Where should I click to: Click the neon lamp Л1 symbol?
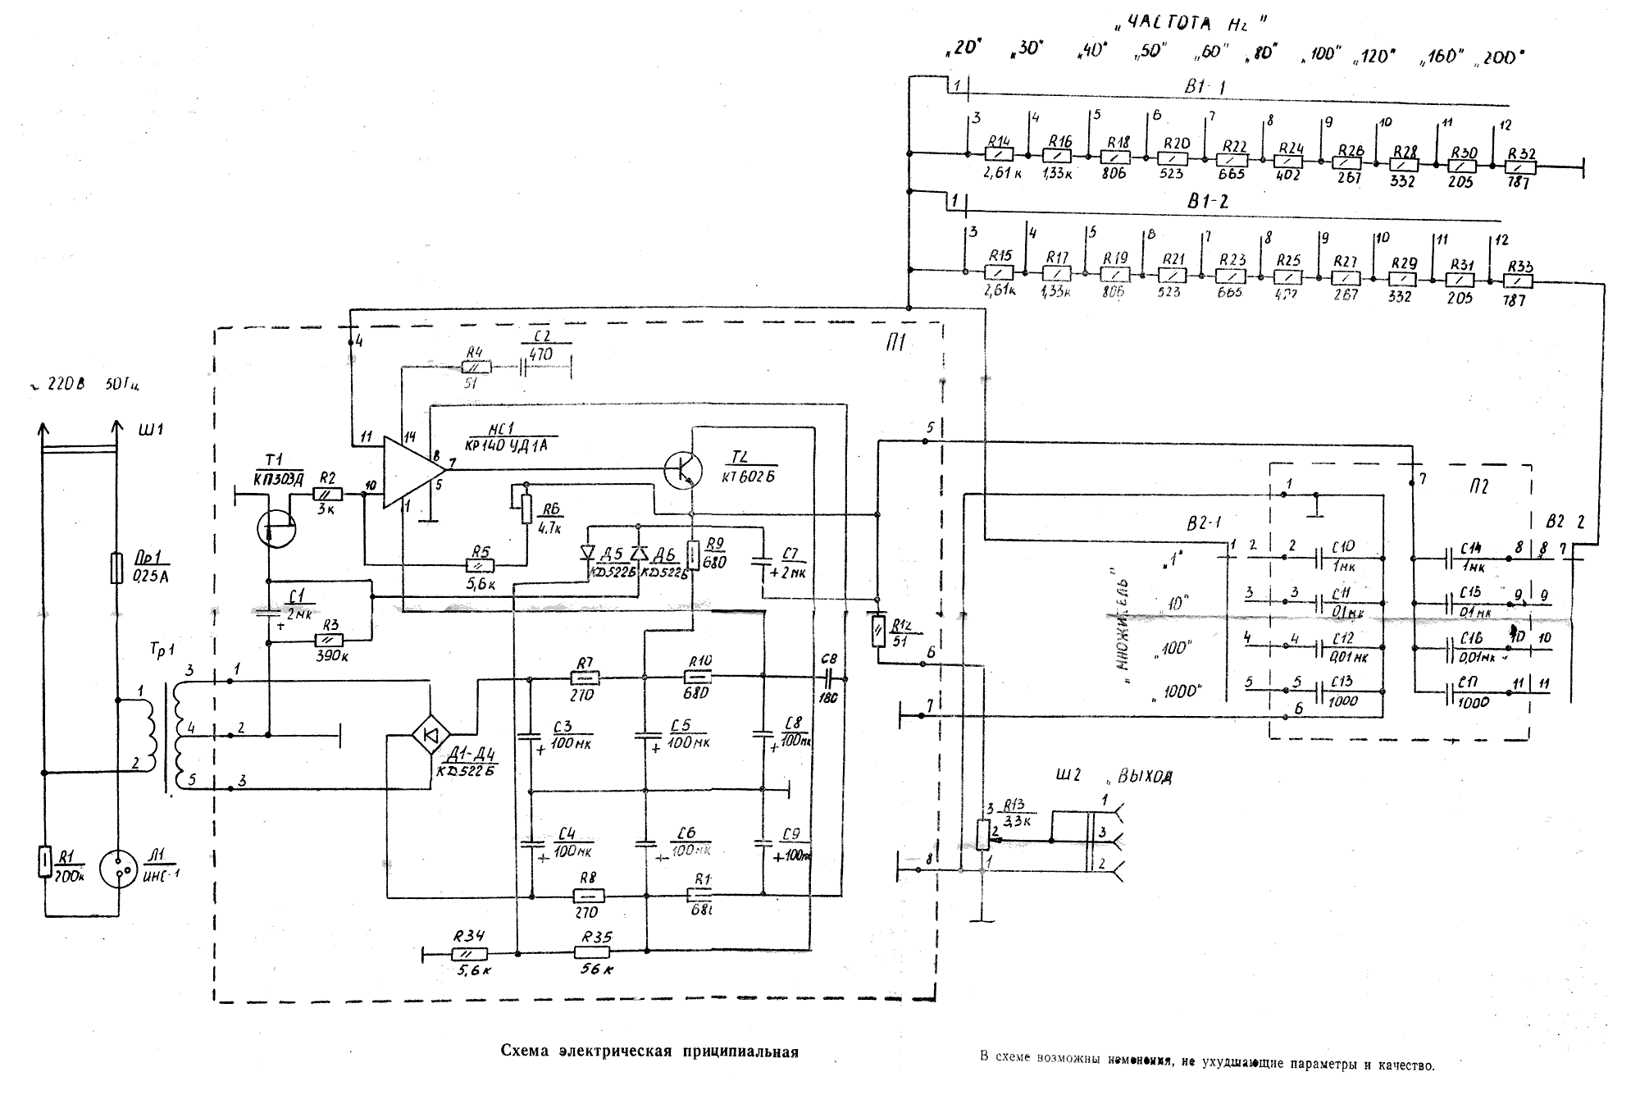[x=118, y=869]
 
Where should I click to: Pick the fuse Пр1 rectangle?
[x=116, y=568]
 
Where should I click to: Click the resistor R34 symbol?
[x=470, y=953]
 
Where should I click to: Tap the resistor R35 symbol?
[x=592, y=952]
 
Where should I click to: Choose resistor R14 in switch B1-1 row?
[x=998, y=154]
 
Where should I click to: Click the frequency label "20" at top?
[x=964, y=48]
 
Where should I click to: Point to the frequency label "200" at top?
[x=1499, y=57]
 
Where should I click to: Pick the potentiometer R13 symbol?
[x=983, y=834]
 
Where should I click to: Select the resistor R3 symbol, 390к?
[x=330, y=641]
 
